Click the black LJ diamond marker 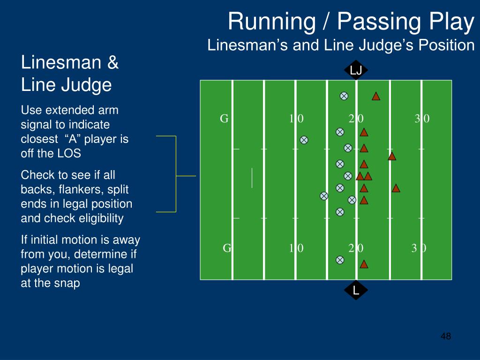356,70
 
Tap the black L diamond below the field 356,291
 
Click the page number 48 446,336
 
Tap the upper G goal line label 224,119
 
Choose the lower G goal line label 227,248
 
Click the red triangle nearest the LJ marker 376,96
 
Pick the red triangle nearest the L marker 364,264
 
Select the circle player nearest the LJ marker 344,96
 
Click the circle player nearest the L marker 340,260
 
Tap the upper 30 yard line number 422,119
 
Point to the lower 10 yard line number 296,248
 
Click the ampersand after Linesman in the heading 112,63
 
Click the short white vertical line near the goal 252,178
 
